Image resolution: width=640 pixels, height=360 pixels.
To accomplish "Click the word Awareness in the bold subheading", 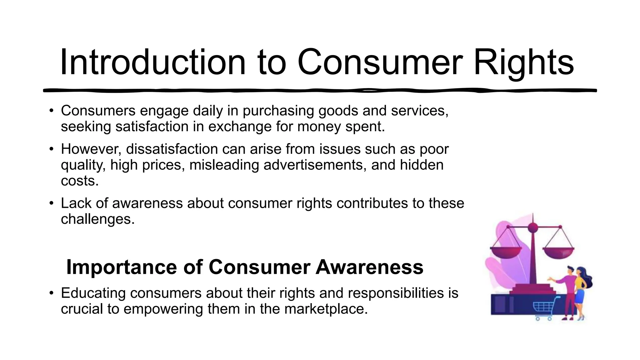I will pos(369,267).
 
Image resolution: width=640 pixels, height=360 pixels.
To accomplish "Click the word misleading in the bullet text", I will pos(224,165).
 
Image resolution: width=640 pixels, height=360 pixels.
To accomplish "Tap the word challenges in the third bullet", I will pos(97,219).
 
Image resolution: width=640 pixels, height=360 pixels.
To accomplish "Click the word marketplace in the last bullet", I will pos(326,309).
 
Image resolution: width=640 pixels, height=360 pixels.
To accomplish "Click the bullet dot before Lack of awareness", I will pos(52,203).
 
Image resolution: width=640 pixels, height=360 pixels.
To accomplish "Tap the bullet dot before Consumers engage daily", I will pos(52,111).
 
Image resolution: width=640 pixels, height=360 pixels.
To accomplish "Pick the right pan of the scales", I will pos(558,252).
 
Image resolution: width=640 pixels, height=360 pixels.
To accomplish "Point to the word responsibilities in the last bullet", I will pos(408,293).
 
